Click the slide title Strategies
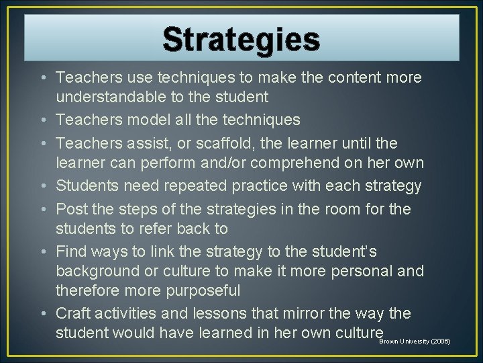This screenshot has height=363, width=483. tap(241, 40)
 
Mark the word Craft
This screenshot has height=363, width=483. tap(73, 314)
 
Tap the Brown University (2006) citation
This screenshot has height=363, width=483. tap(415, 341)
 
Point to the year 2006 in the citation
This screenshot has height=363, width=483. tap(440, 341)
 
